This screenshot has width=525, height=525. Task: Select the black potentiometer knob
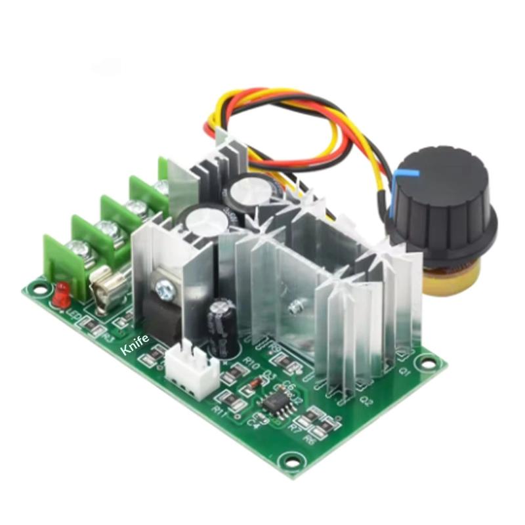click(x=438, y=195)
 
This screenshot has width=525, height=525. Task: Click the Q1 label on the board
click(x=405, y=372)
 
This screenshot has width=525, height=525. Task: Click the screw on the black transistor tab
click(x=163, y=284)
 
